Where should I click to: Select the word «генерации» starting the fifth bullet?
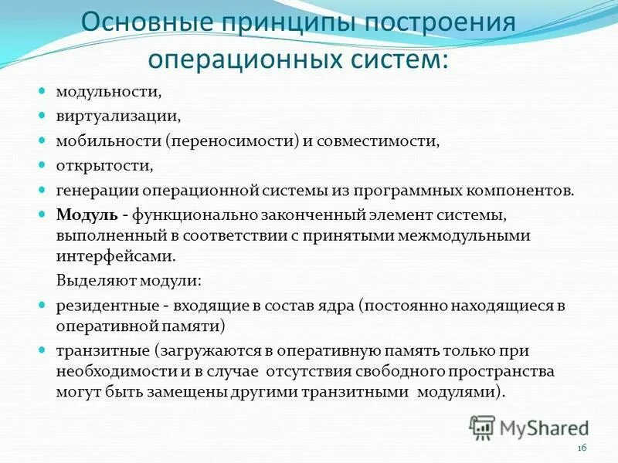(93, 191)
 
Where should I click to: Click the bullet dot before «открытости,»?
(43, 165)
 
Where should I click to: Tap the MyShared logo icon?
(482, 427)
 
